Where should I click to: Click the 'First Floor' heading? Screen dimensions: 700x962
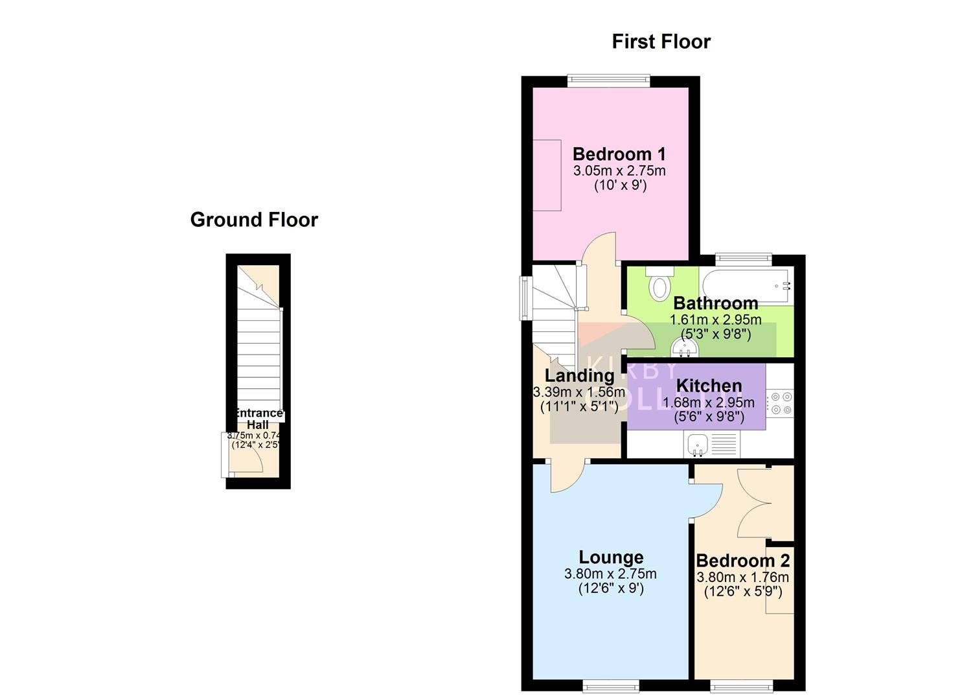pyautogui.click(x=661, y=41)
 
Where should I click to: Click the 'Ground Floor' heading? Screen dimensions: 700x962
pyautogui.click(x=254, y=220)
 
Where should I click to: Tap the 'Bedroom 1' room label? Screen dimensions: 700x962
pyautogui.click(x=619, y=154)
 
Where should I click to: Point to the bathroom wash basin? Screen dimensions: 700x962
pyautogui.click(x=685, y=349)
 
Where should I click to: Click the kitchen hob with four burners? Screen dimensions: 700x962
pyautogui.click(x=780, y=402)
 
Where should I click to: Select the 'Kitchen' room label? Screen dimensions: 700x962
pyautogui.click(x=709, y=386)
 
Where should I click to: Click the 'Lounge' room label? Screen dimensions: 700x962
pyautogui.click(x=611, y=557)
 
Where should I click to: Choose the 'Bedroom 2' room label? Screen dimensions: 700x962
pyautogui.click(x=742, y=561)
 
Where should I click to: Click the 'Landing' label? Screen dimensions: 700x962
pyautogui.click(x=579, y=375)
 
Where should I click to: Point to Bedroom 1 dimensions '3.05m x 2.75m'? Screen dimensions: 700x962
pyautogui.click(x=619, y=171)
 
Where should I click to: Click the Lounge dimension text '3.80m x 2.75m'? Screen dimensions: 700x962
pyautogui.click(x=610, y=574)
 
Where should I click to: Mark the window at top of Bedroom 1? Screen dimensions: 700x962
pyautogui.click(x=608, y=81)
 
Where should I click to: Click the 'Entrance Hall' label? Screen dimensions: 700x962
pyautogui.click(x=258, y=419)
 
